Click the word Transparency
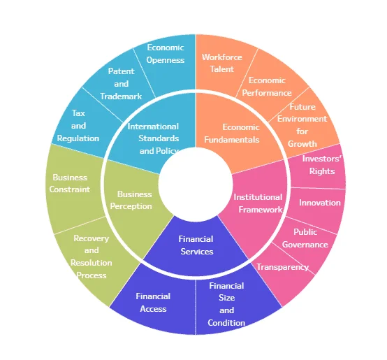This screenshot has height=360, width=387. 282,267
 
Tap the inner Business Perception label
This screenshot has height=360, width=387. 131,200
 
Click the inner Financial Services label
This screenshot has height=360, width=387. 196,245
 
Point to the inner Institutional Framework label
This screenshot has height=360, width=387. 258,203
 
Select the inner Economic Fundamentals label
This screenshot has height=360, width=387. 232,134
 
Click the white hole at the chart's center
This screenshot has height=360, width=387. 196,185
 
